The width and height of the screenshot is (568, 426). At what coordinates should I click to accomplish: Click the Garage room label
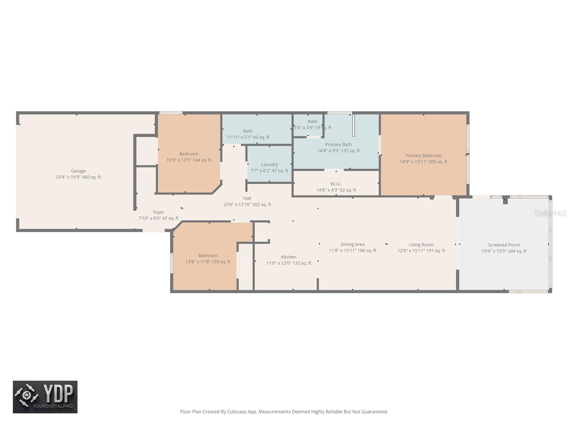[x=78, y=171]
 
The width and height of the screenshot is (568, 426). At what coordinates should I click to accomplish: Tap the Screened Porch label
[x=504, y=245]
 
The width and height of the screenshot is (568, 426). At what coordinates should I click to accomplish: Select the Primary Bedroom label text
[x=423, y=155]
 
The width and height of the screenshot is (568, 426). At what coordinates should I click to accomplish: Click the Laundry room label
[x=269, y=164]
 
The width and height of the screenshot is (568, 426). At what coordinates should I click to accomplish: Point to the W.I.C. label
[x=336, y=184]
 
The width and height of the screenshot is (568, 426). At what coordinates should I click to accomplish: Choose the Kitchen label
[x=288, y=257]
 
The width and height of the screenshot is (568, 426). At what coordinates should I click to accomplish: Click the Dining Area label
[x=352, y=244]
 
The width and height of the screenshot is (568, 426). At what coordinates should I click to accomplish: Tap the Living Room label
[x=421, y=245]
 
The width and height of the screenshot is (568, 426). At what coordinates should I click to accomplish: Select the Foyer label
[x=158, y=212]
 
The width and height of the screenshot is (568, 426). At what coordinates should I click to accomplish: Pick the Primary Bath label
[x=338, y=144]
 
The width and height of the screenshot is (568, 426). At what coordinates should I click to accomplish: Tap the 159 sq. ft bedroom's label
[x=208, y=256]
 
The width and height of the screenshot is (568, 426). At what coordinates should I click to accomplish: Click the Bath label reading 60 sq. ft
[x=248, y=131]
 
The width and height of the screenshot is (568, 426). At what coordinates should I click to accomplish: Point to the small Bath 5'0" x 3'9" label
[x=312, y=121]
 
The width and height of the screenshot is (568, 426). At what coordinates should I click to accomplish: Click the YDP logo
[x=45, y=397]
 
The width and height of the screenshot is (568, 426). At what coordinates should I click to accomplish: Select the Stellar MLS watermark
[x=550, y=213]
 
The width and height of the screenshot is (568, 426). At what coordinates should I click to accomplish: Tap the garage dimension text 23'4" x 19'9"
[x=68, y=177]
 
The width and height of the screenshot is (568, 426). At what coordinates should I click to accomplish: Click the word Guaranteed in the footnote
[x=375, y=412]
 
